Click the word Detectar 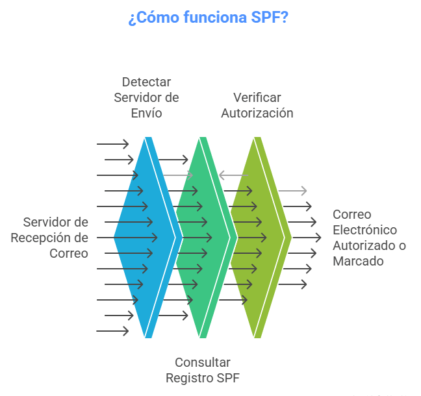[x=146, y=82]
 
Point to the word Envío [x=146, y=113]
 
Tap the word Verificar [x=257, y=97]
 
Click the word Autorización [x=257, y=113]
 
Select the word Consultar [x=203, y=362]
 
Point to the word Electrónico [x=364, y=230]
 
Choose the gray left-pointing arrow [x=233, y=175]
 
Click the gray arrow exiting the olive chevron [x=293, y=190]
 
